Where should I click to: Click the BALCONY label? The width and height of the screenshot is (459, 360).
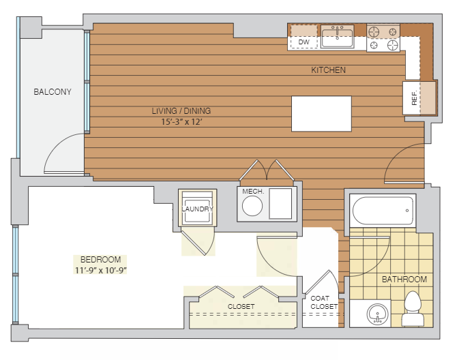pos(53,92)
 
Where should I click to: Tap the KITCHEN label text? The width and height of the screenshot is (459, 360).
pos(328,70)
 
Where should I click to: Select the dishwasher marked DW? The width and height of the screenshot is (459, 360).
pos(303,37)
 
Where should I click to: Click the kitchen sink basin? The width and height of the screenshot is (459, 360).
pos(337,36)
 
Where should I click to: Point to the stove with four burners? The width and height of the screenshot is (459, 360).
pos(383,38)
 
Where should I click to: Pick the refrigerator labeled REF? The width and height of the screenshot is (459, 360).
pos(419,98)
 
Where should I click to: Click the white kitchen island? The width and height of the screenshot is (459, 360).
pos(321,114)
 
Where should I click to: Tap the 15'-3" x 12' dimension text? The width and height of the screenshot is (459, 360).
pos(182,122)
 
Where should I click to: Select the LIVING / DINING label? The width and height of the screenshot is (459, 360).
pos(181,111)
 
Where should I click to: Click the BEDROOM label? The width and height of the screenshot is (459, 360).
pos(100,260)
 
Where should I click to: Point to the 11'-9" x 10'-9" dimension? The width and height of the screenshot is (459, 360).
pos(100,270)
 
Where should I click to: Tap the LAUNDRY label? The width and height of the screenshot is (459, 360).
pos(197,209)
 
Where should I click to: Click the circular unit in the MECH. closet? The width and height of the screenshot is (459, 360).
pos(252,206)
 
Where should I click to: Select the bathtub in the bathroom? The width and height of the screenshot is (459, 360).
pos(383,211)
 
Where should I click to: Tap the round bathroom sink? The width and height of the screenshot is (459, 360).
pos(378,314)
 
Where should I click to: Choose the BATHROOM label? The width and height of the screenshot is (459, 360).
pos(404,280)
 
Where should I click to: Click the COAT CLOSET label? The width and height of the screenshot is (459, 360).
pos(324,302)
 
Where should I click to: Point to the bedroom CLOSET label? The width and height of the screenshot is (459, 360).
pos(241,306)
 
